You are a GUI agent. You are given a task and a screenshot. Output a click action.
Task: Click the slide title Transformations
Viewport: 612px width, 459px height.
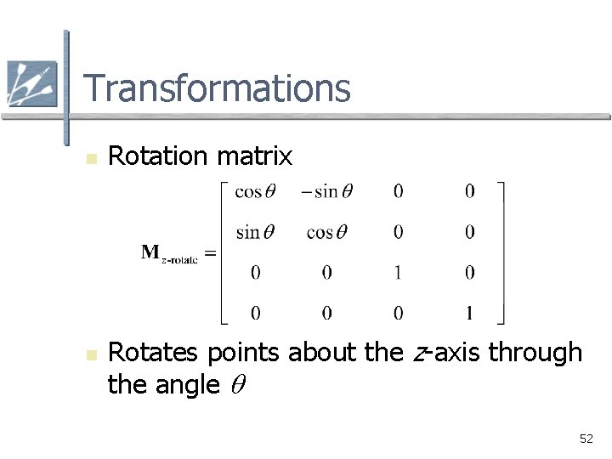tap(217, 88)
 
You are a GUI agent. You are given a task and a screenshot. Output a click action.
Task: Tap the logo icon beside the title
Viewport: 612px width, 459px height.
tap(31, 83)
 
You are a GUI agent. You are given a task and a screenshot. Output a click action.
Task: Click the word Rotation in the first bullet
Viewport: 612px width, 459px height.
tap(159, 156)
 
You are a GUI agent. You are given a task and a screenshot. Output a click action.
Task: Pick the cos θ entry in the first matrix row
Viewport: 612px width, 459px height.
tap(255, 192)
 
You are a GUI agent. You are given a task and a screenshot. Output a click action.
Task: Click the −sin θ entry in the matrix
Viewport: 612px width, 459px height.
tap(326, 192)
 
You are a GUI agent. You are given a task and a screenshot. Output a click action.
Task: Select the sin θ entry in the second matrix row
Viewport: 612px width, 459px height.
tap(255, 232)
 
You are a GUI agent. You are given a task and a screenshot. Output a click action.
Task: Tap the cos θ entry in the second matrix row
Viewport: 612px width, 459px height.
tap(326, 232)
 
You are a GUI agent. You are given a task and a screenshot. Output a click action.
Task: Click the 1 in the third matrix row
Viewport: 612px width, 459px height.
tap(399, 273)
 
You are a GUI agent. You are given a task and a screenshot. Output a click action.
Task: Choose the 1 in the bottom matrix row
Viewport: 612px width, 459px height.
tap(469, 314)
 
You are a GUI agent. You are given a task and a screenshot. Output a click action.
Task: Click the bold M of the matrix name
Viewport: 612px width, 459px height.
tap(150, 252)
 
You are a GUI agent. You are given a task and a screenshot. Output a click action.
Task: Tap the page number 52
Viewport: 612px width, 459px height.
tap(586, 439)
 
